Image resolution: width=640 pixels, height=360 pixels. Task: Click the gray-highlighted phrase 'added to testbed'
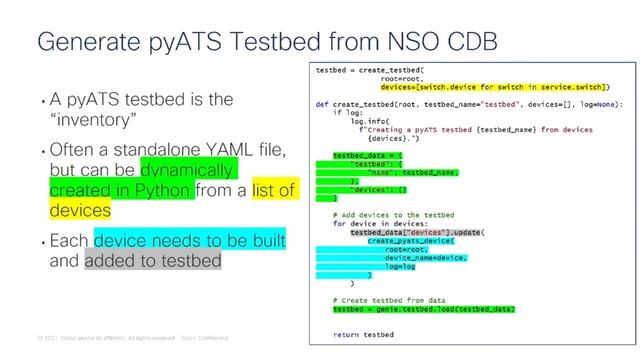(152, 260)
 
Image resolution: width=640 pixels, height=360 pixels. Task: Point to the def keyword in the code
(322, 104)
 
